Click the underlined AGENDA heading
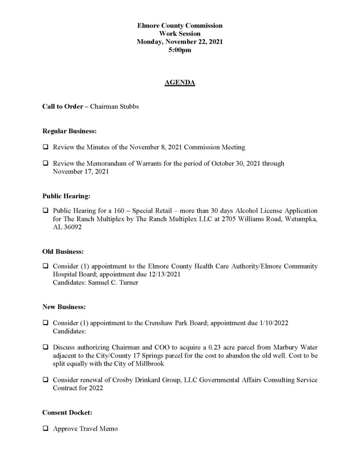(180, 83)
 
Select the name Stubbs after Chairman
(128, 107)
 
